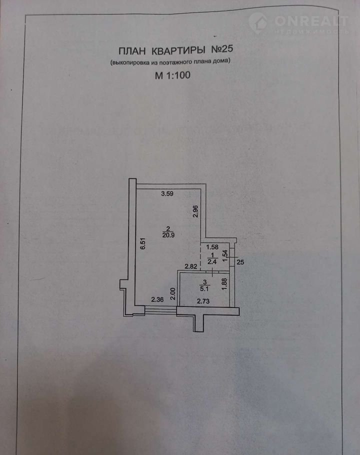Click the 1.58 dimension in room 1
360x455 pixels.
(x=211, y=246)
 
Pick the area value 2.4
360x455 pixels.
(x=211, y=260)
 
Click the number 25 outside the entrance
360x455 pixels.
(x=240, y=261)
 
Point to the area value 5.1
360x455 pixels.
(x=205, y=287)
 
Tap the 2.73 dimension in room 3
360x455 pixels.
(x=203, y=300)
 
